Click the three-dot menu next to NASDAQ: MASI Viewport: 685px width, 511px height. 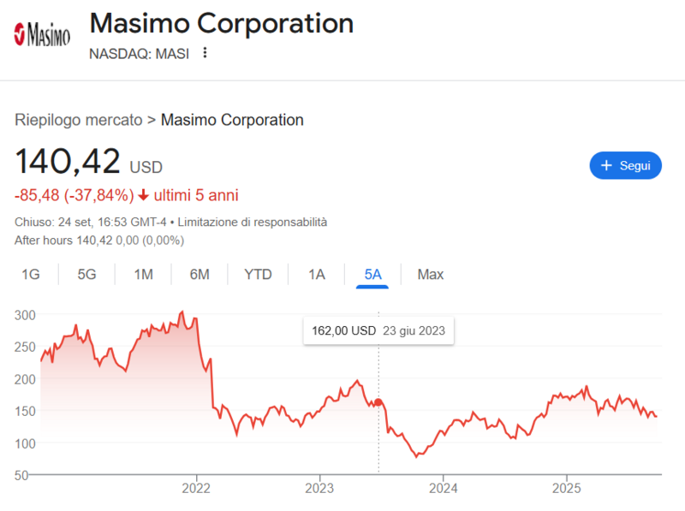[x=205, y=53]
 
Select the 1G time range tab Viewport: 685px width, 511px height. [x=31, y=275]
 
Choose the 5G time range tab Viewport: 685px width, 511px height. [x=87, y=275]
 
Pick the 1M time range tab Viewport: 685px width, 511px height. [x=143, y=275]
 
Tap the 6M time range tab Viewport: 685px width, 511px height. [x=200, y=275]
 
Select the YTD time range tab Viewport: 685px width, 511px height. [x=258, y=275]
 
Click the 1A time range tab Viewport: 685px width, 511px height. [x=317, y=275]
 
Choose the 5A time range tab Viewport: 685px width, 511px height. [x=372, y=275]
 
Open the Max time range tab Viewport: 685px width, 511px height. [x=431, y=275]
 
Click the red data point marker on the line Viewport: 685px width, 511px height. [x=378, y=402]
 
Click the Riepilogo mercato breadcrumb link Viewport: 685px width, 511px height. [x=79, y=120]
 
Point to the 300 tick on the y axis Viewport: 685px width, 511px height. [x=25, y=315]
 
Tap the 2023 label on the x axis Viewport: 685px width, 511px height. [x=319, y=490]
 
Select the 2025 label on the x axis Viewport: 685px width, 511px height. [x=566, y=490]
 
